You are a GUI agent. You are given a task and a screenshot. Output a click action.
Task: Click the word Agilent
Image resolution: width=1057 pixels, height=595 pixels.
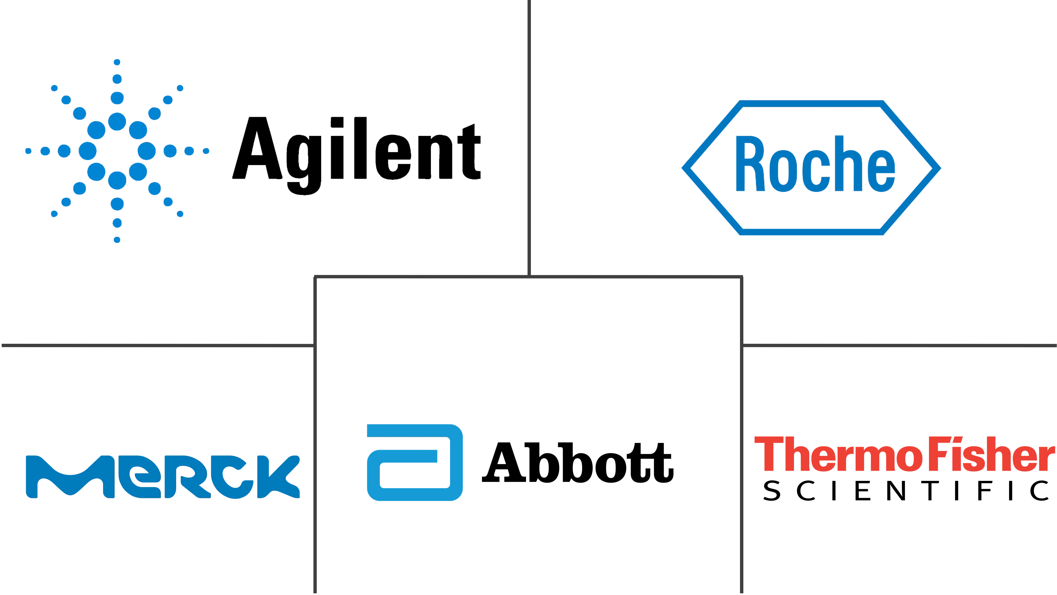tap(356, 155)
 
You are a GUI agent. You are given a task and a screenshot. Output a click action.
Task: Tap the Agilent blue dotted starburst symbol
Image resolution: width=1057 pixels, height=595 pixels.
tap(117, 151)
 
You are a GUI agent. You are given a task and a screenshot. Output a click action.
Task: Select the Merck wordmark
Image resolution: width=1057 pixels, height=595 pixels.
tap(163, 477)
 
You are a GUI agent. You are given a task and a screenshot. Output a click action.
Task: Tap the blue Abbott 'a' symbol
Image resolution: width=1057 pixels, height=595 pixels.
tap(415, 462)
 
